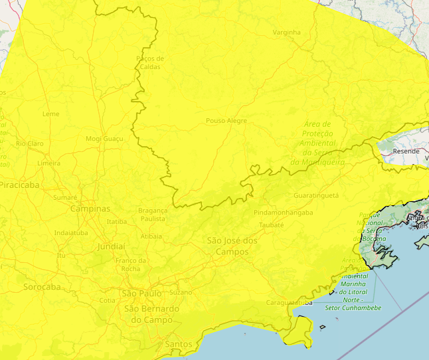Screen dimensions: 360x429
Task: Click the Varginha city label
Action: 286,33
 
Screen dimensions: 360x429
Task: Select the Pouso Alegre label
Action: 226,121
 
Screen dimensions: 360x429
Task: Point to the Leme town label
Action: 50,114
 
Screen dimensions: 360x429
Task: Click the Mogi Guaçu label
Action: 104,139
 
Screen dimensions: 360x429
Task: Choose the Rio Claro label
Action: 30,143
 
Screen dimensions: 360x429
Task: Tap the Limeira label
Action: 48,163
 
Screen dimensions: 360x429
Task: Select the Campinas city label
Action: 90,209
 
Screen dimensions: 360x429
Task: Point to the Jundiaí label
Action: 111,246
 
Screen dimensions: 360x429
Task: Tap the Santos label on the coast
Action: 178,344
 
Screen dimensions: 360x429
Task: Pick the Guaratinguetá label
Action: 315,196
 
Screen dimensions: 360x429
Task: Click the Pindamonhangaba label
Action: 283,213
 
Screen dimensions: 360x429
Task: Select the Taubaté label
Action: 271,225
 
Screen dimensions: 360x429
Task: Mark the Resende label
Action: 406,151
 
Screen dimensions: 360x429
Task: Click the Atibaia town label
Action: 151,236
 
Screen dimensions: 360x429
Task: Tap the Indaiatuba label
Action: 71,233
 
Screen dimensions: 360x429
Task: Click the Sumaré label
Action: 65,197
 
